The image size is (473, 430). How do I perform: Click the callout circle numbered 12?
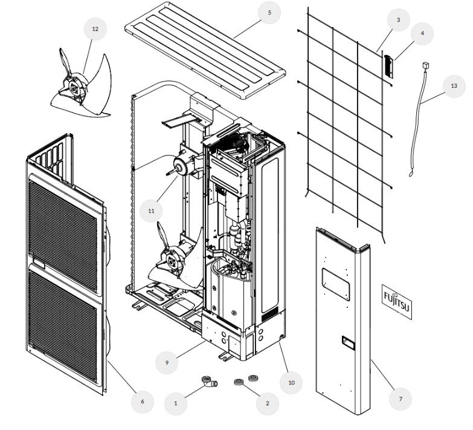point(95,28)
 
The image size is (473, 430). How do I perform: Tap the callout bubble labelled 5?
point(269,13)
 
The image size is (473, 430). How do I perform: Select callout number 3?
point(398,21)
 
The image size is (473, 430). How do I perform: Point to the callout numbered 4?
point(422,34)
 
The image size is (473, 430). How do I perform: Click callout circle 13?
point(454,86)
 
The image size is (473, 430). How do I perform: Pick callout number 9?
point(167,362)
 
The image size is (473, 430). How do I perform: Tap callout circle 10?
point(291,382)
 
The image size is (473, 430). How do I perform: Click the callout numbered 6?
point(143,401)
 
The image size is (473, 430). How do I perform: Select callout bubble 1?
point(176,402)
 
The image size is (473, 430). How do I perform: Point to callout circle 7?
point(400,399)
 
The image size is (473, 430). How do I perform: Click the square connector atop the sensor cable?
point(426,64)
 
